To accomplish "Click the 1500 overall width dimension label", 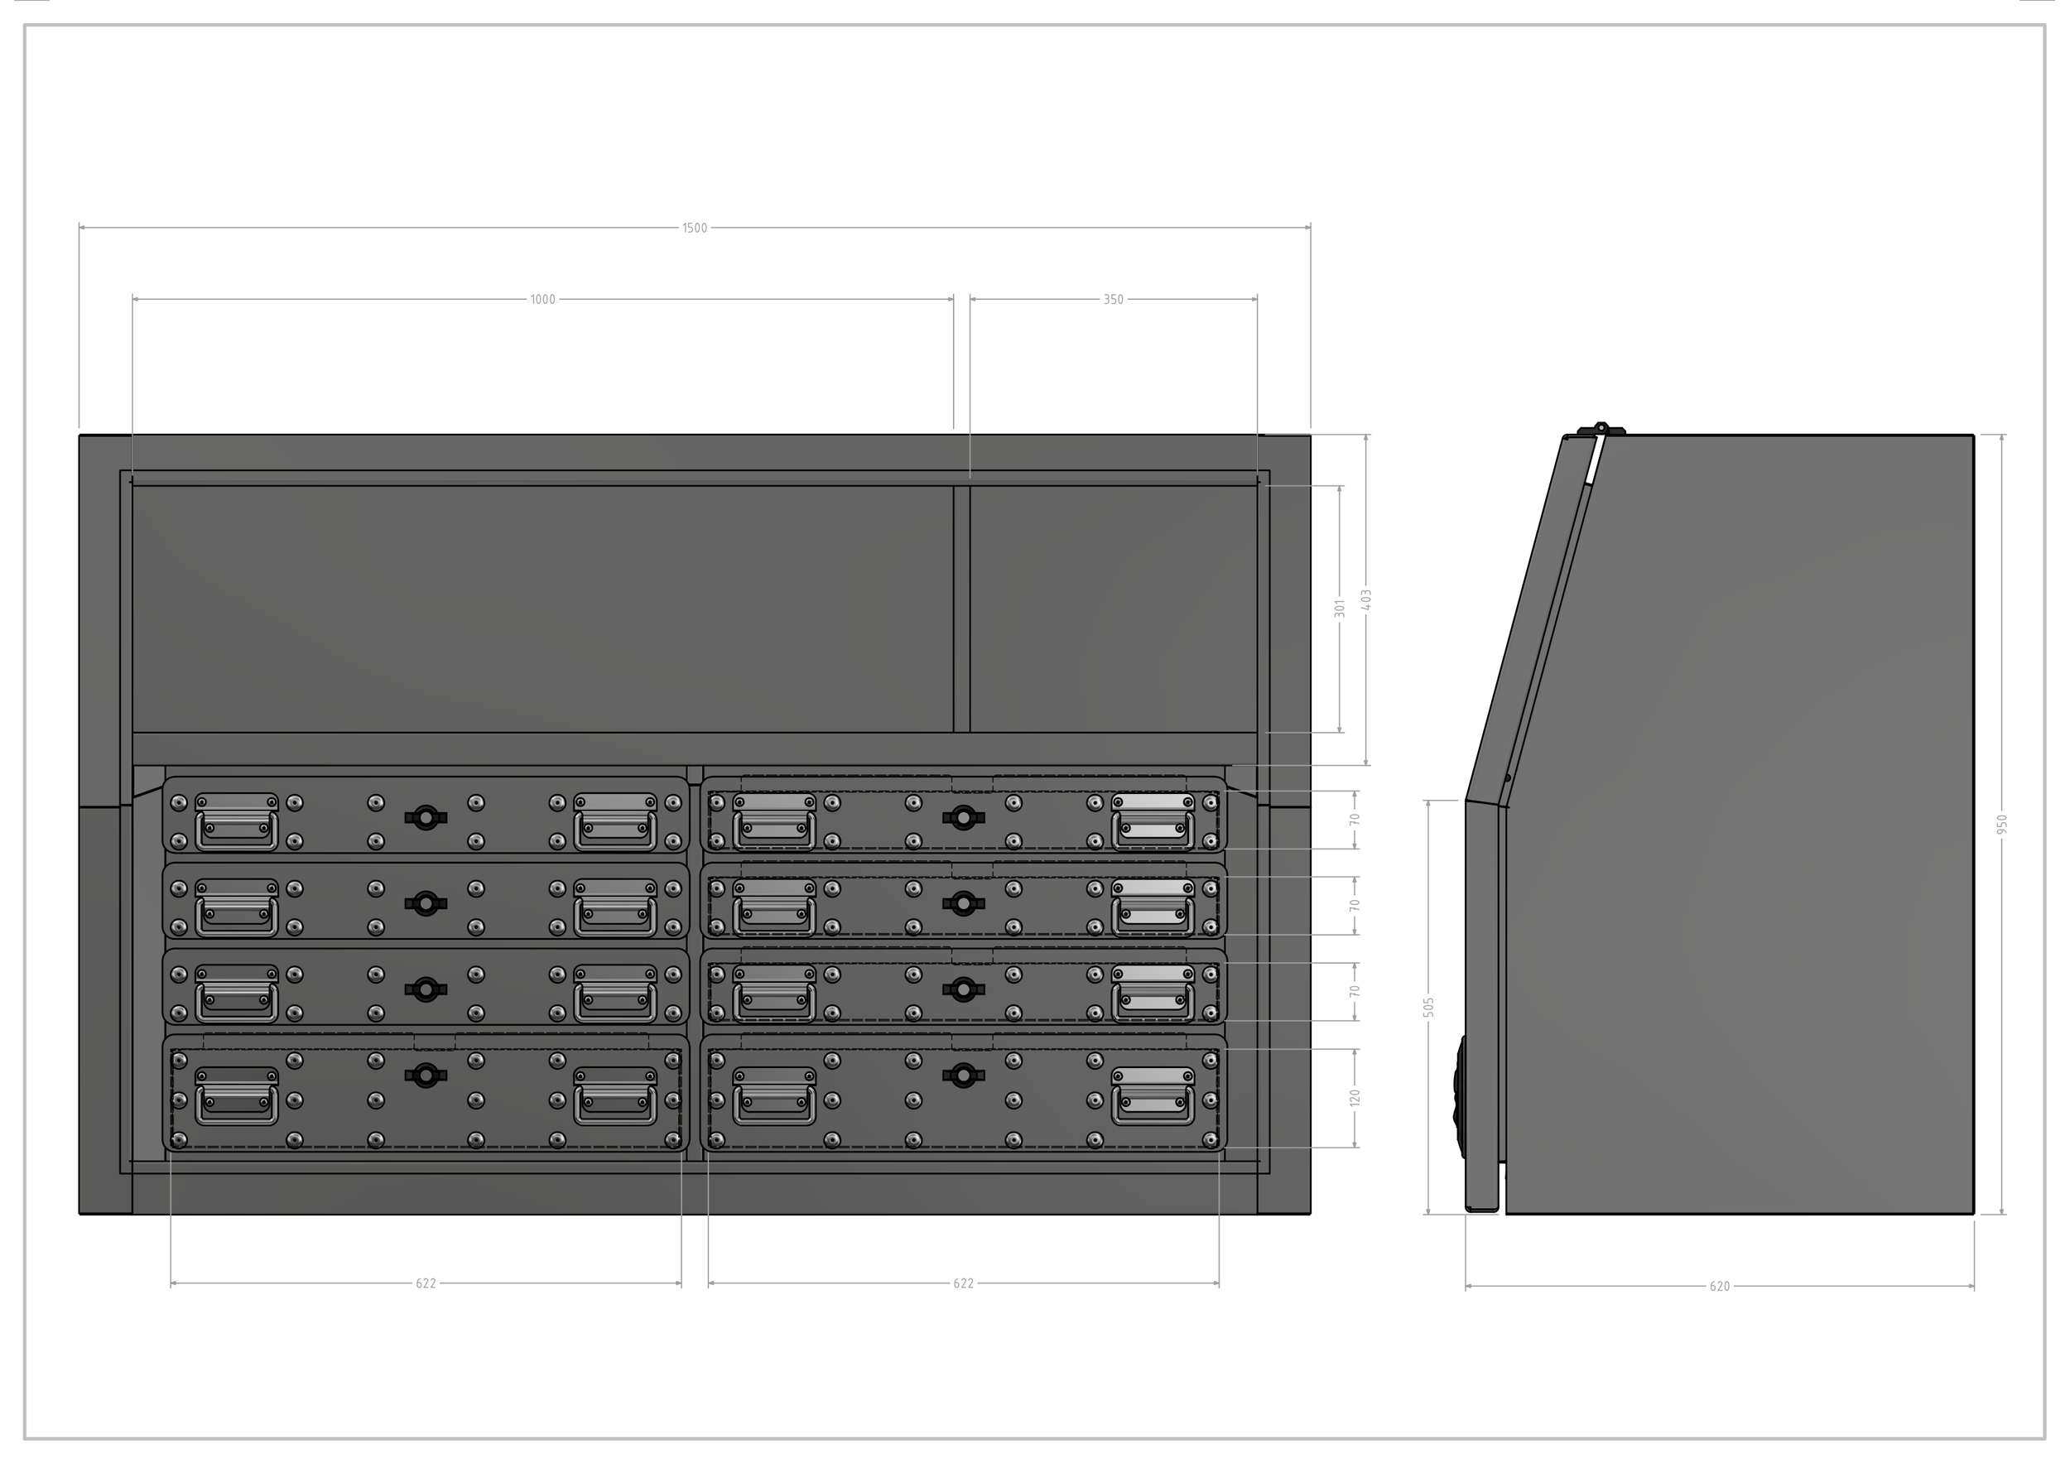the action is tap(694, 228).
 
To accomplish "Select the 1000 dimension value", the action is tap(542, 299).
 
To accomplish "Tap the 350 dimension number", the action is tap(1114, 299).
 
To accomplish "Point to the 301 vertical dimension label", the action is tap(1340, 609).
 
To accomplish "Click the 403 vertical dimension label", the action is tap(1367, 600).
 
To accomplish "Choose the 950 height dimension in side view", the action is tap(2002, 824).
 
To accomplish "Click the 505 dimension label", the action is tap(1429, 1007).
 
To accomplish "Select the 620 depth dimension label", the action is tap(1719, 1287).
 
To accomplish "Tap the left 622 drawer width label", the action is tap(426, 1283).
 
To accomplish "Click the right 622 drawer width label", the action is tap(963, 1283).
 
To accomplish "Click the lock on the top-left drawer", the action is tap(426, 817).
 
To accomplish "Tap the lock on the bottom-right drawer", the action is tap(963, 1074).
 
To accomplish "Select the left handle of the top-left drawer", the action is tap(236, 821).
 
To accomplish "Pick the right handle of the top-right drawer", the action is tap(1153, 821).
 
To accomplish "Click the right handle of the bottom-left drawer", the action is tap(615, 1096).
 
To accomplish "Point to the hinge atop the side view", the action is tap(1601, 429).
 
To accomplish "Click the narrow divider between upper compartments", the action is tap(962, 609).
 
